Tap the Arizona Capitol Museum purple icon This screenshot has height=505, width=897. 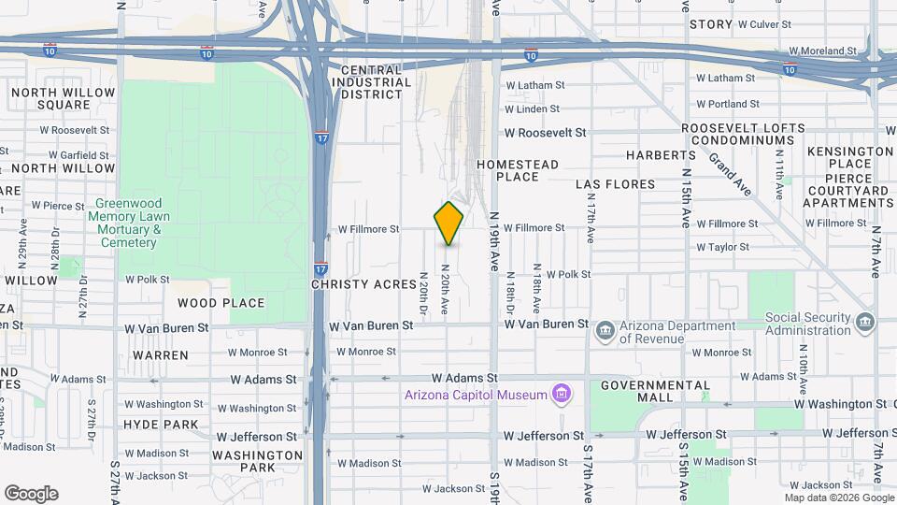[561, 395]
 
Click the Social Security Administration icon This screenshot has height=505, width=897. [864, 324]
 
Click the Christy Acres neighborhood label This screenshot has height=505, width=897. [358, 283]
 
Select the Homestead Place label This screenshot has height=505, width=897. [518, 170]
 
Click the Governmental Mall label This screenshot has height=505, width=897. [656, 391]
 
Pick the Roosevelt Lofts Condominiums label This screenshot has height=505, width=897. [743, 135]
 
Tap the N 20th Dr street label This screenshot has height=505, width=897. [422, 294]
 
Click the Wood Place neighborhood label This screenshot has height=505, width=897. [221, 303]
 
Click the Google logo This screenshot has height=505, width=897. [31, 494]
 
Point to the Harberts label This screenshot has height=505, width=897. [662, 154]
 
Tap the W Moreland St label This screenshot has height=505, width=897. [822, 50]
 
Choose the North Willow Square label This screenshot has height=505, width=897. [64, 98]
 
